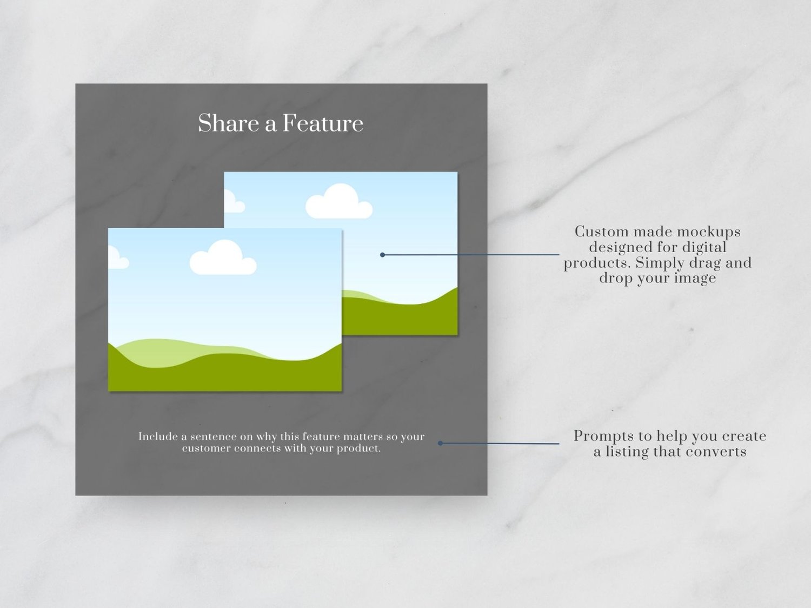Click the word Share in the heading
228,123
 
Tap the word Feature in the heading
323,123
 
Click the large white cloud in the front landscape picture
223,257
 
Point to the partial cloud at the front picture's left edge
117,257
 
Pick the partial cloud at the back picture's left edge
234,201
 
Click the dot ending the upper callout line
382,255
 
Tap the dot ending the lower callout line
440,443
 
